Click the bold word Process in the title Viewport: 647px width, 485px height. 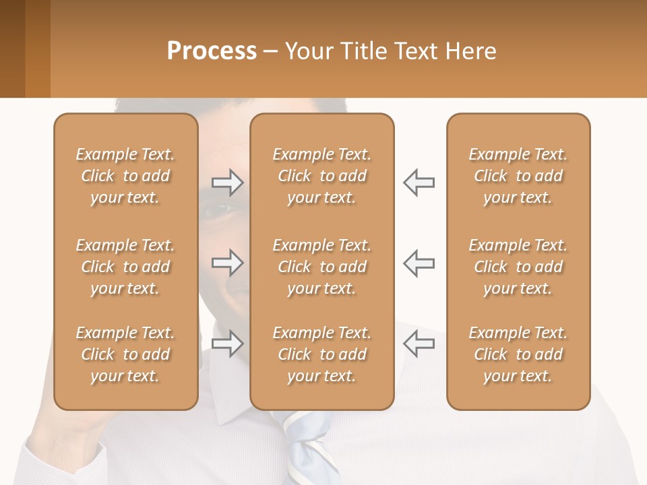[212, 51]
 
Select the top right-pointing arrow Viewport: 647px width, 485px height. [228, 182]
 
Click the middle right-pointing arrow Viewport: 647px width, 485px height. [228, 263]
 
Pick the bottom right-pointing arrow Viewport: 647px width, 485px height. [228, 344]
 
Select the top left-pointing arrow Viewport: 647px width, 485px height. [419, 182]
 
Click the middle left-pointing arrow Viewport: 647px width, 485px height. [419, 263]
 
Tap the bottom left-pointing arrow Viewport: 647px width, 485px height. [419, 344]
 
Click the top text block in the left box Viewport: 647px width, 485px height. [125, 176]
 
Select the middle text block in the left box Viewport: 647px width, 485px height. [125, 267]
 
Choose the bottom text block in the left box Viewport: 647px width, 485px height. [125, 354]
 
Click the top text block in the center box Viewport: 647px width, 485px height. [321, 176]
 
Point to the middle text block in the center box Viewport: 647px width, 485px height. [321, 267]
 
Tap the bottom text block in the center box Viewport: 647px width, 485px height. [321, 354]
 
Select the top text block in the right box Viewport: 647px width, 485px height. [518, 176]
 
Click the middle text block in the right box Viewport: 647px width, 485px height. [518, 267]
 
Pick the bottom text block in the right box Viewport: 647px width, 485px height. [518, 354]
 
